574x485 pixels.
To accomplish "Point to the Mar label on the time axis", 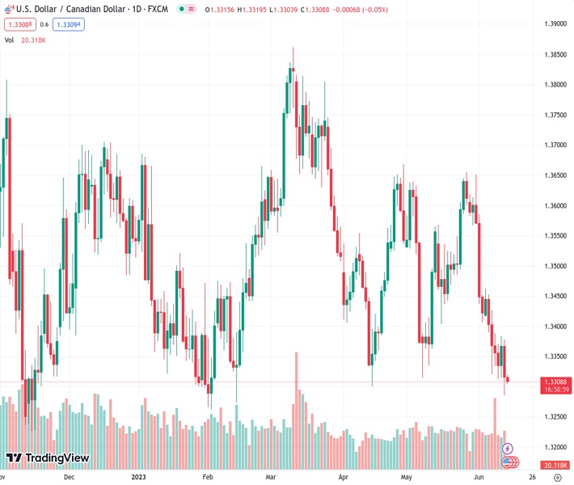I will click(x=271, y=478).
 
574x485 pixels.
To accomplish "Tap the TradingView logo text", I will click(x=57, y=458).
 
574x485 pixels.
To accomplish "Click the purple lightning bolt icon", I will click(x=508, y=449).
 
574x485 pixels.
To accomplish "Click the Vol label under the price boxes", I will click(x=10, y=40).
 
